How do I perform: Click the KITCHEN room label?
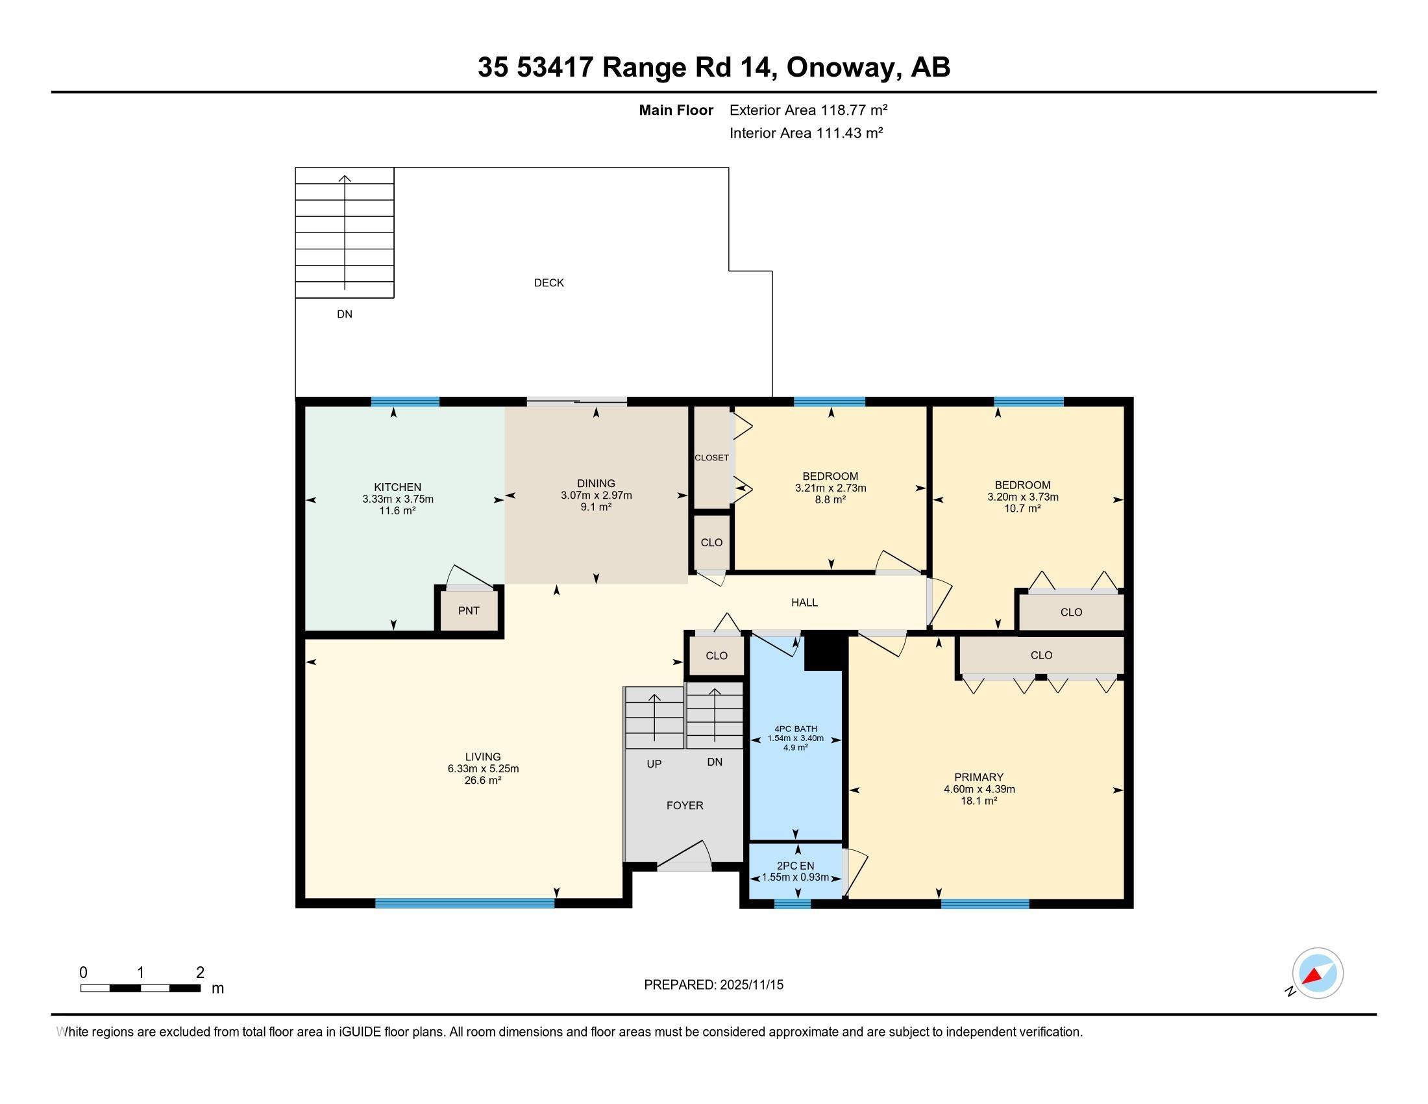click(397, 486)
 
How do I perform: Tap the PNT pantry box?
click(469, 610)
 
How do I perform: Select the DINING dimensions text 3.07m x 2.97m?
click(596, 495)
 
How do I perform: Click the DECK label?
click(548, 282)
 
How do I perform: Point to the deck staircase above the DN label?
click(345, 232)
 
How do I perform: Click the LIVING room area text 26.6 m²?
click(482, 780)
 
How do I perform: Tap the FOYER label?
click(685, 805)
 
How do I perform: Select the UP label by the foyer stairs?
click(654, 763)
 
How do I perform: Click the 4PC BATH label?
click(795, 729)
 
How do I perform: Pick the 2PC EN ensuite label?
click(795, 865)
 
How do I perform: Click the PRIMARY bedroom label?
click(978, 777)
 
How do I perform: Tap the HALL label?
click(804, 603)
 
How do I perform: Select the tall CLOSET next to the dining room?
click(711, 457)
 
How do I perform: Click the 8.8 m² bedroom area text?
click(830, 499)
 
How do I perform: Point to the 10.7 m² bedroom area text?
click(1022, 508)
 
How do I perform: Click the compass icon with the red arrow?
click(1318, 973)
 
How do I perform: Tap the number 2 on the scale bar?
click(200, 972)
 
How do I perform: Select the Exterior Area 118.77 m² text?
click(808, 110)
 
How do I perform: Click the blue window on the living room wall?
click(465, 903)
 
